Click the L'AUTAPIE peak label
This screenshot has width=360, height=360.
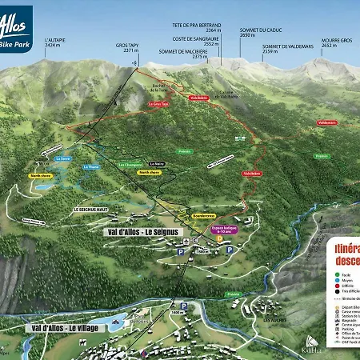pyautogui.click(x=55, y=41)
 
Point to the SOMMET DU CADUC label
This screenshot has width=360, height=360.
pyautogui.click(x=257, y=32)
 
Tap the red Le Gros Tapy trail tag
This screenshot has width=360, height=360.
pyautogui.click(x=158, y=104)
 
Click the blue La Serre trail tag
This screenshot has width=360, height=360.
pyautogui.click(x=65, y=158)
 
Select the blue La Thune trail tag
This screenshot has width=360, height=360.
pyautogui.click(x=91, y=167)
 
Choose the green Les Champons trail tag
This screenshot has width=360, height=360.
pyautogui.click(x=130, y=165)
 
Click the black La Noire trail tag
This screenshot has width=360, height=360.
pyautogui.click(x=158, y=163)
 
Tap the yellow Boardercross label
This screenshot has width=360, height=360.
pyautogui.click(x=204, y=215)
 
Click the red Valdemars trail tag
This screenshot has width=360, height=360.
pyautogui.click(x=326, y=123)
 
